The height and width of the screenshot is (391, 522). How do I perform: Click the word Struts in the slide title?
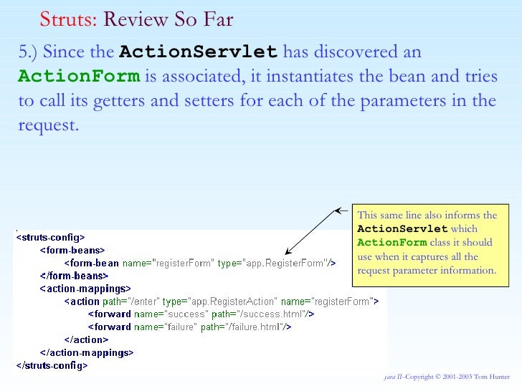(67, 19)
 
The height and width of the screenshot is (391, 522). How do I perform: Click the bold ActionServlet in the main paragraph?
(199, 52)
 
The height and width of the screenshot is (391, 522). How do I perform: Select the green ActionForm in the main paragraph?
(79, 77)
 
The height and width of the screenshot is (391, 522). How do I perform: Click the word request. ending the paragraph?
(47, 125)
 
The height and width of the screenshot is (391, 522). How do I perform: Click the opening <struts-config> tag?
(51, 237)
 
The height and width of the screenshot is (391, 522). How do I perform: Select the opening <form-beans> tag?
(72, 250)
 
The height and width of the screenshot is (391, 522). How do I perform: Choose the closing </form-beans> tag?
(74, 276)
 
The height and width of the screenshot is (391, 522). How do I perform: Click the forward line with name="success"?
(201, 314)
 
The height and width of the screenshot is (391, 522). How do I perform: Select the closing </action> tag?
(86, 339)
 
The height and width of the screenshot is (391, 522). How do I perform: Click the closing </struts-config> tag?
(52, 365)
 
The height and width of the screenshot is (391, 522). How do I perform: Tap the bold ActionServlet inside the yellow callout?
(402, 229)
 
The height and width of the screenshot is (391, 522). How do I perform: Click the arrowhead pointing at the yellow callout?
(341, 211)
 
